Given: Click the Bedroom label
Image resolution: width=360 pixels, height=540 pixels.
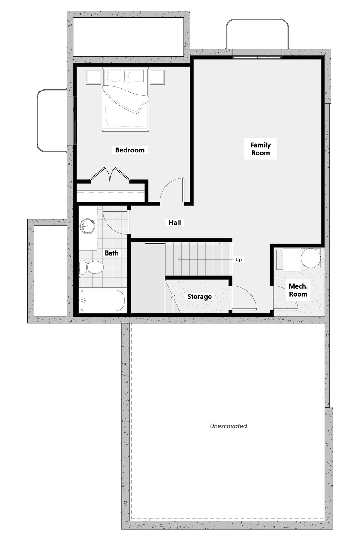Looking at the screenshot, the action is click(130, 150).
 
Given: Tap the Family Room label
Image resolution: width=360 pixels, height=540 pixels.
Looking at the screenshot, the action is click(261, 149).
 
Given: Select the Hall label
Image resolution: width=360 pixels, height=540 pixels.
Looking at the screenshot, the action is click(175, 223).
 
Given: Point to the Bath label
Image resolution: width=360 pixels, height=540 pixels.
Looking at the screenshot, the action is click(112, 253).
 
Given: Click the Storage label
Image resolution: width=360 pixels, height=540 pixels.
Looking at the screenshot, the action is click(200, 297).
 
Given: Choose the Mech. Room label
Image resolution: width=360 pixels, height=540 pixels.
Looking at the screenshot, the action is click(298, 290).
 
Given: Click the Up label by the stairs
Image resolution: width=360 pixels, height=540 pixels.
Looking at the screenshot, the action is click(238, 259).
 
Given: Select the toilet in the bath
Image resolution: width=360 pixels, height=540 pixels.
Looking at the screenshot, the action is click(91, 267).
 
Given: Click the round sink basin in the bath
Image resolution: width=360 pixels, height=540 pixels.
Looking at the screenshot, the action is click(88, 226).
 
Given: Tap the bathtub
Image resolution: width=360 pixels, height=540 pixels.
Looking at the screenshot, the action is click(102, 301).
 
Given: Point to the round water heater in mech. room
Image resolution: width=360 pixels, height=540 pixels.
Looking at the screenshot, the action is click(311, 258).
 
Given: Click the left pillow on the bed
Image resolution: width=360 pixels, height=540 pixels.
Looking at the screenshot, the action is click(116, 76).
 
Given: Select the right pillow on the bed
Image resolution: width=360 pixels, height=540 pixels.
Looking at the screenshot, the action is click(135, 76).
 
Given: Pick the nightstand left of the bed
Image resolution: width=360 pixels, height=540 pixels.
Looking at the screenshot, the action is click(94, 77).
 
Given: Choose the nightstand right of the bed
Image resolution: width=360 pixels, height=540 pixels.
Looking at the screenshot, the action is click(157, 77).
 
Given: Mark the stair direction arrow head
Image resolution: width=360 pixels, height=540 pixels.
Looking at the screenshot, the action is click(180, 259).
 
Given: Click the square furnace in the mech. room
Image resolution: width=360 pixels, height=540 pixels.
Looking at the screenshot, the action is click(291, 259).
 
